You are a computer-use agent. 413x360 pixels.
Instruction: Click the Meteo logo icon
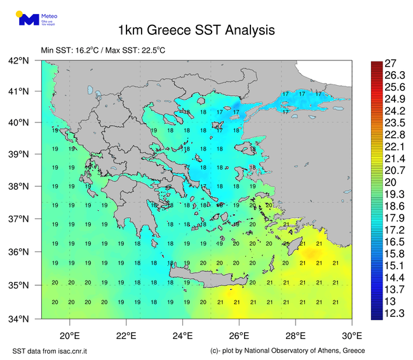(x=27, y=18)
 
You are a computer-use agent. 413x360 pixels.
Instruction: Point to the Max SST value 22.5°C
(x=152, y=50)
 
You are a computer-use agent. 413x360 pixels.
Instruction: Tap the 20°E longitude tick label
(x=69, y=335)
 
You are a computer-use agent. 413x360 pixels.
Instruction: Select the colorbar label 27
(x=391, y=63)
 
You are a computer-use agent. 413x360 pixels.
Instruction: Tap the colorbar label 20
(x=391, y=182)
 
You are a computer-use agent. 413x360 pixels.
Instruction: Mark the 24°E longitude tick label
(x=182, y=335)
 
